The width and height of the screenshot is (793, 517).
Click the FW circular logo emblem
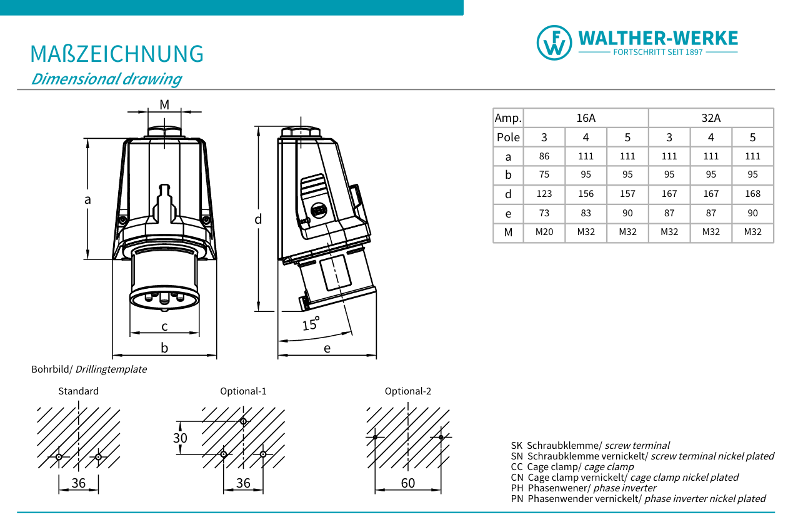coord(554,43)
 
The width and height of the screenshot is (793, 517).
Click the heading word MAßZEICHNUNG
coord(117,54)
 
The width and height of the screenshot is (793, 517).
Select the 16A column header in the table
coord(586,118)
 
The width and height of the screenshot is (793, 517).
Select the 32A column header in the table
coord(711,118)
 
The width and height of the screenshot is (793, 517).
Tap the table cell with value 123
coord(544,194)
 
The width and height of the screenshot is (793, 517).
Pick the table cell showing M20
coord(544,232)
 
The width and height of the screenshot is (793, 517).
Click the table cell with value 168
coord(752,194)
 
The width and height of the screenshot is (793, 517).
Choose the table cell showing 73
coord(544,213)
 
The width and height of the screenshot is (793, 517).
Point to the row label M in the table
coord(508,233)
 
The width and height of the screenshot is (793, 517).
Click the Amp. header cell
coord(508,118)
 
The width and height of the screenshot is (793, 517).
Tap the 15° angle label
coord(311,324)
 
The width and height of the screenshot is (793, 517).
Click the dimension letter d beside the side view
coord(257,219)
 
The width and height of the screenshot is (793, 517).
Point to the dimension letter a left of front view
coord(87,199)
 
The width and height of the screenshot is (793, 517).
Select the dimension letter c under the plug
coord(164,326)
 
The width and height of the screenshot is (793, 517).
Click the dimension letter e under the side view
coord(327,348)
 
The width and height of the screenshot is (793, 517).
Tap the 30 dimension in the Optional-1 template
coord(180,438)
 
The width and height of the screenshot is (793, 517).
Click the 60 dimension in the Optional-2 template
coord(407,483)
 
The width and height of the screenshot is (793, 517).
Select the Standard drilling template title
coord(78,391)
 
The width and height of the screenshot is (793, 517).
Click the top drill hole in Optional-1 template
coord(243,421)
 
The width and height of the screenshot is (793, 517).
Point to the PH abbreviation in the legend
coord(516,488)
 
